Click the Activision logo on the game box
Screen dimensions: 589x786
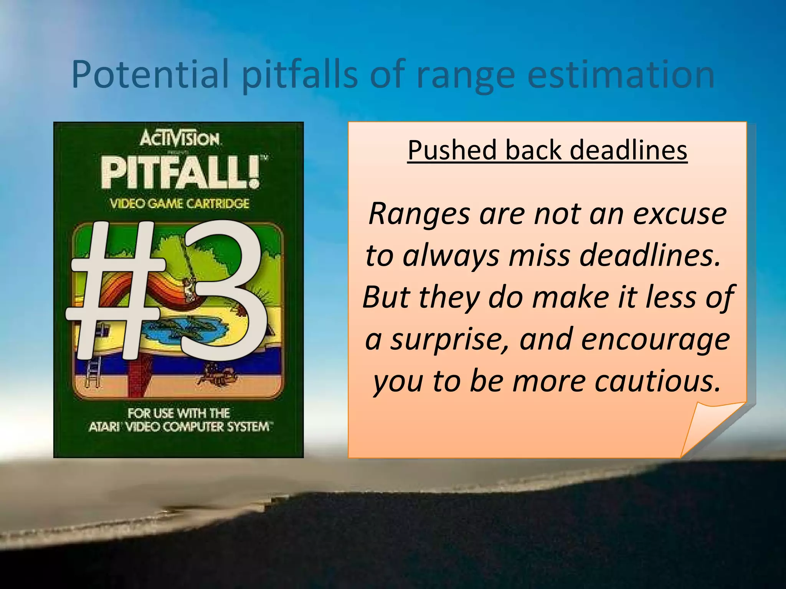coord(180,139)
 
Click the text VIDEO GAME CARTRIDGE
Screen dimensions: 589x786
coord(180,204)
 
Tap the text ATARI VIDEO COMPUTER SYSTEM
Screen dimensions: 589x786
coord(180,427)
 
